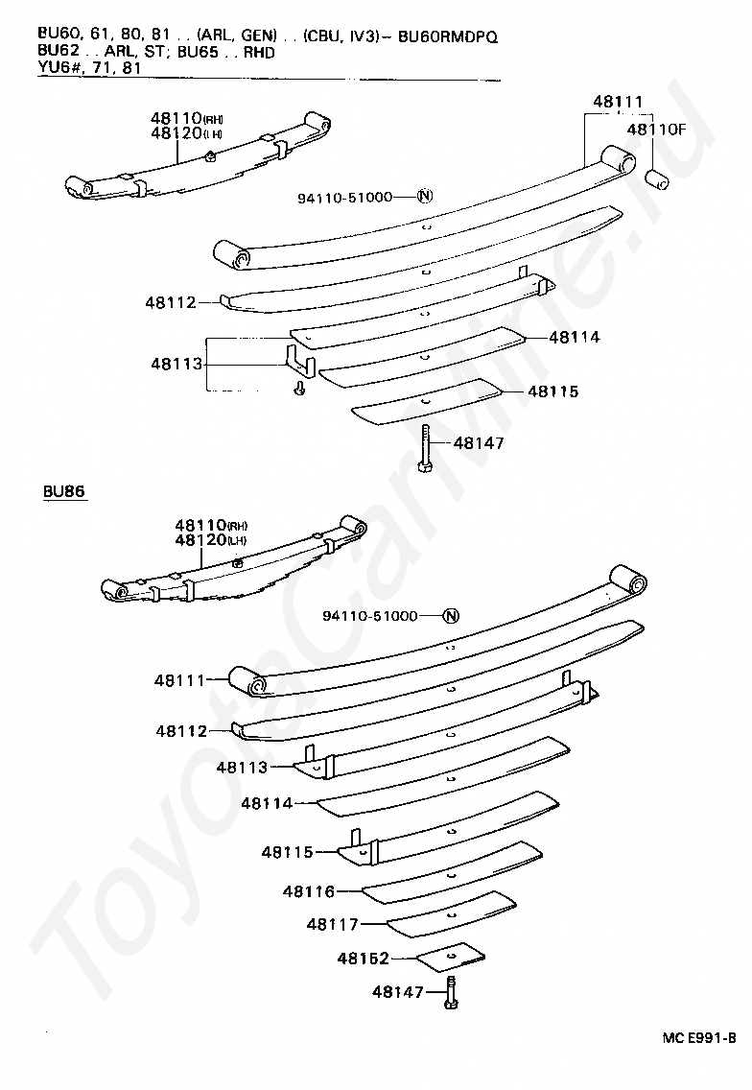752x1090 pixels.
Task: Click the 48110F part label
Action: click(657, 129)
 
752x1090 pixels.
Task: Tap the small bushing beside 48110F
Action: click(658, 178)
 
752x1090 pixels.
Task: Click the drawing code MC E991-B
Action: click(698, 1038)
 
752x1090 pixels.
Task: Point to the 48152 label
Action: click(363, 958)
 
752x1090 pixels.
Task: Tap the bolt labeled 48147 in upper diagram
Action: click(424, 449)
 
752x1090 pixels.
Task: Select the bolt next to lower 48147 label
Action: click(450, 992)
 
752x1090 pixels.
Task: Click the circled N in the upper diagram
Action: click(426, 197)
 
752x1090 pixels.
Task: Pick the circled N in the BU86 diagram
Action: click(452, 616)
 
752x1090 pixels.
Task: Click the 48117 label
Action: click(332, 924)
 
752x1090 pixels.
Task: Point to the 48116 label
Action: click(308, 891)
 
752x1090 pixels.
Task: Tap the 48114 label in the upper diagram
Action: click(575, 338)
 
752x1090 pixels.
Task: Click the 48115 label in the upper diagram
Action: click(552, 391)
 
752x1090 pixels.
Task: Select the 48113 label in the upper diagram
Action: click(176, 364)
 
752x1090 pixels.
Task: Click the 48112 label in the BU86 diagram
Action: click(181, 731)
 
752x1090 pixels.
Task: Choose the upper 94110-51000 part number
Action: click(344, 197)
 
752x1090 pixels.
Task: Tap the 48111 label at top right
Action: click(618, 102)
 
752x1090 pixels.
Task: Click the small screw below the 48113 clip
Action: click(299, 389)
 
